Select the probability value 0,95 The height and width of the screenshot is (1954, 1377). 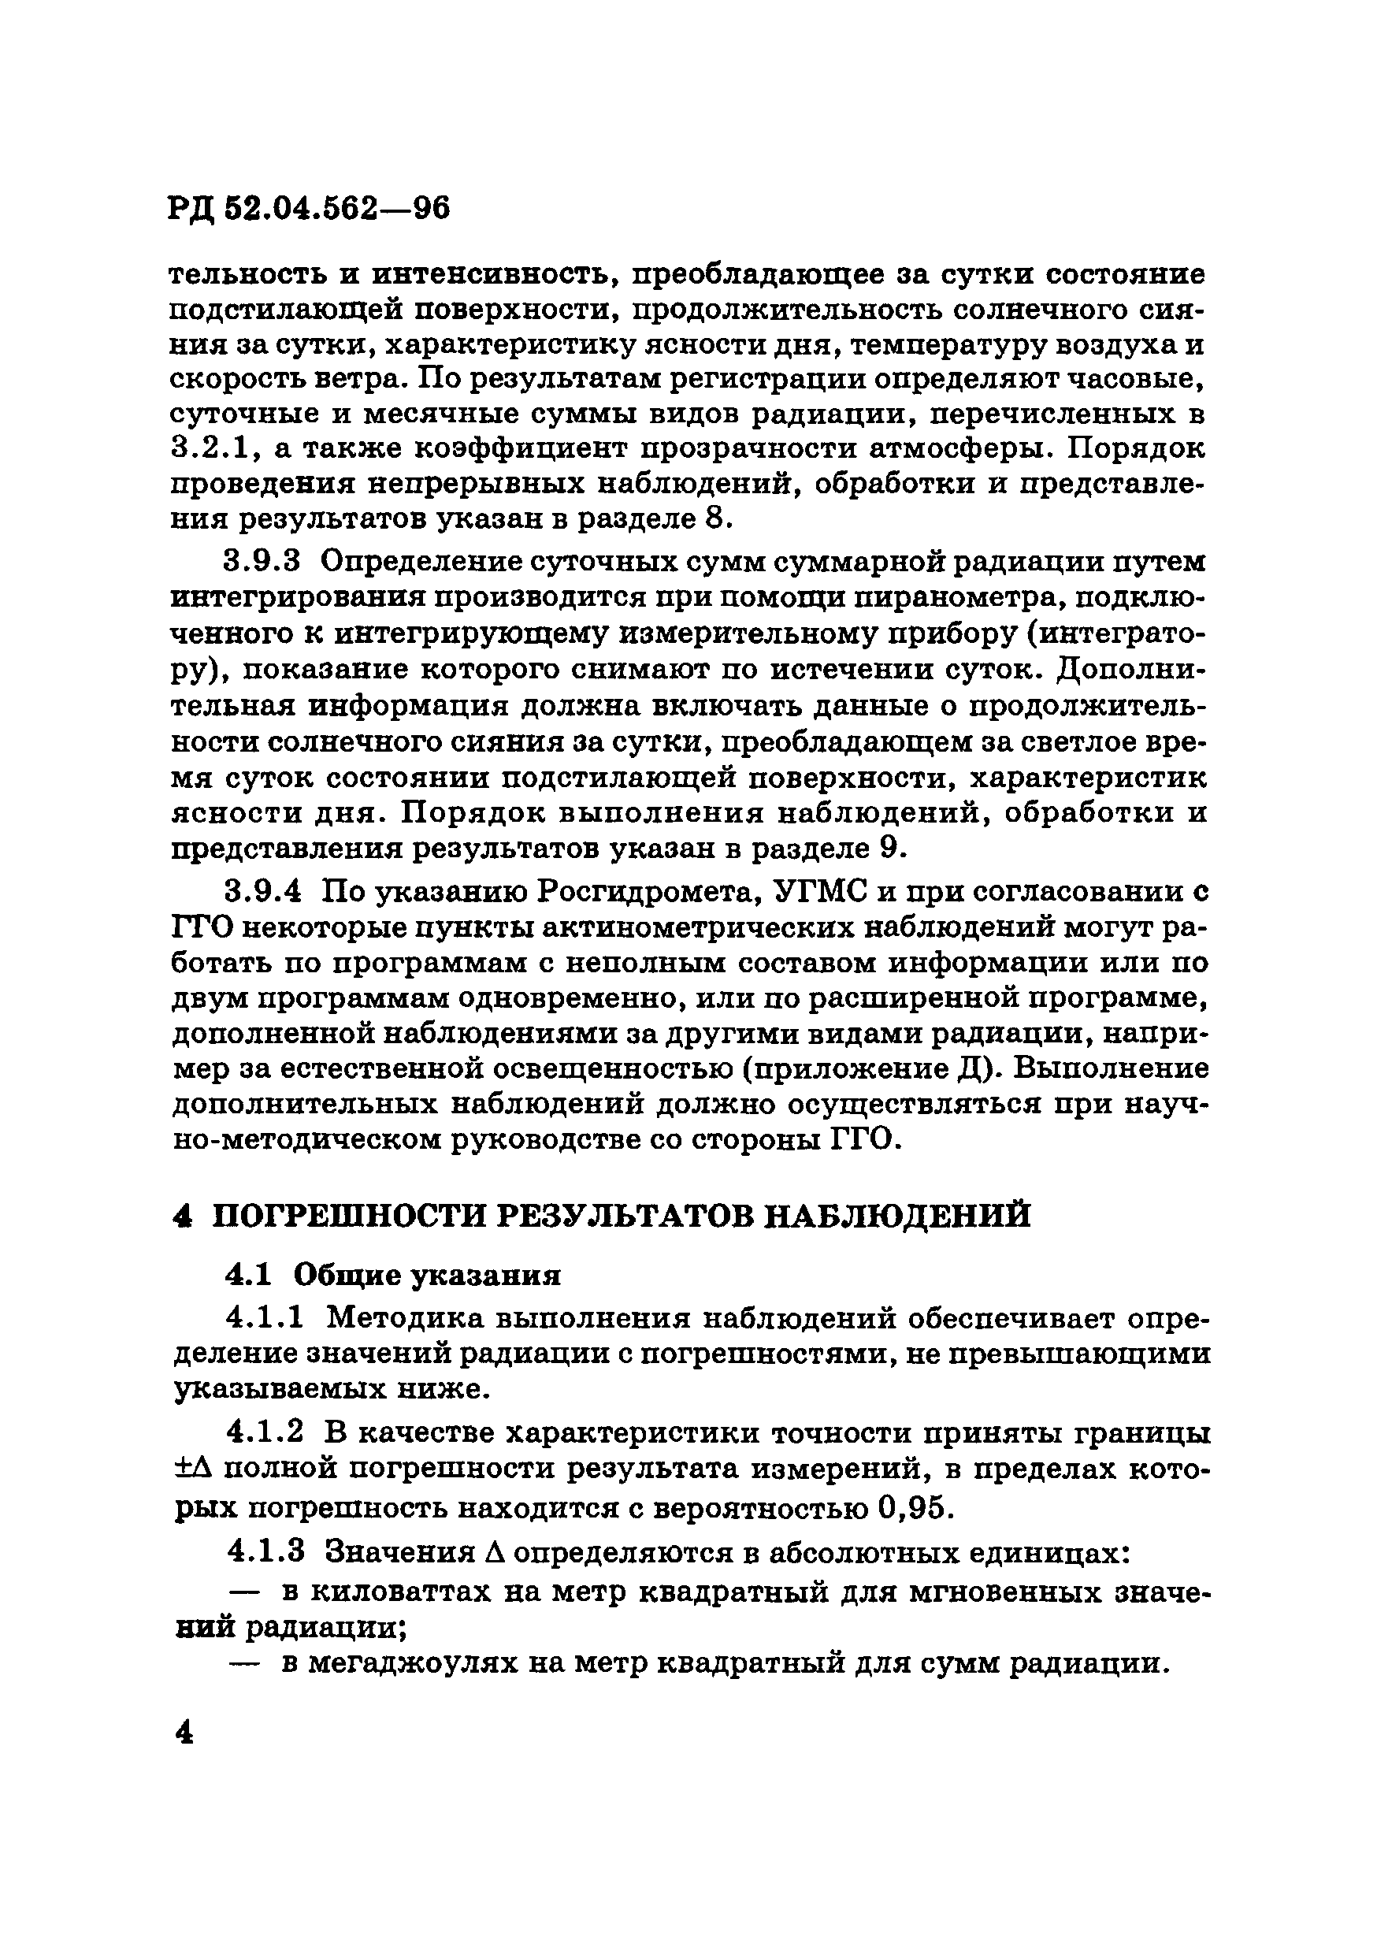click(x=911, y=1508)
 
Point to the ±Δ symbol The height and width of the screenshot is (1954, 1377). click(x=191, y=1469)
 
